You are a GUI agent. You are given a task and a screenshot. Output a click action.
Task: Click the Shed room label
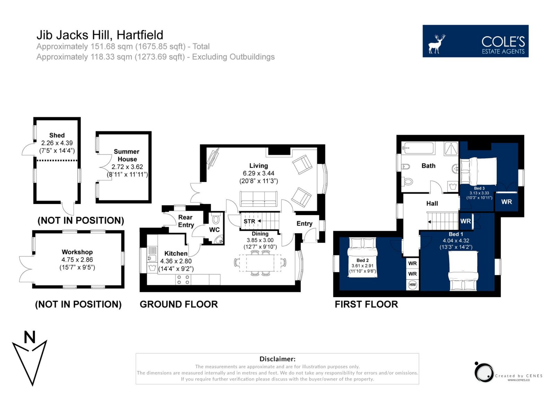(57, 135)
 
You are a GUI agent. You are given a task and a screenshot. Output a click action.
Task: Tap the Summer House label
(127, 155)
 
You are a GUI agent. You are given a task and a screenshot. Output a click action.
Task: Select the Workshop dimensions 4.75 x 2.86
(77, 260)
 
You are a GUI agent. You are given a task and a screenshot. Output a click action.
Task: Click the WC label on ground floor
(214, 230)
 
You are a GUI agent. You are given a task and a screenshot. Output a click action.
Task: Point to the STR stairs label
(249, 221)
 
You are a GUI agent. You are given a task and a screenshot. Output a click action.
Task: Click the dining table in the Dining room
(260, 263)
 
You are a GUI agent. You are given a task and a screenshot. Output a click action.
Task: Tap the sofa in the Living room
(258, 199)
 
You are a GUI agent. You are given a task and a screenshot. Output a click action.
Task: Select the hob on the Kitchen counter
(183, 279)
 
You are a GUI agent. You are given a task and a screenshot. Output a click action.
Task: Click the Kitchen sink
(152, 254)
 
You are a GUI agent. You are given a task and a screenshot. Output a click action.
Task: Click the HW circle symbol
(412, 285)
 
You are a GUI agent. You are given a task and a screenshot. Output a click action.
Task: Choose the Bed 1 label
(456, 234)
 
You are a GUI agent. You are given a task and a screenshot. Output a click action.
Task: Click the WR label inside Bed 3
(506, 202)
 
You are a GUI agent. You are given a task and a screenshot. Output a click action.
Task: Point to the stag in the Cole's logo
(437, 44)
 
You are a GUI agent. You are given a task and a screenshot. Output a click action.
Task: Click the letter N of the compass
(29, 337)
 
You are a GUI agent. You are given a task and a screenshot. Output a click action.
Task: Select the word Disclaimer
(277, 359)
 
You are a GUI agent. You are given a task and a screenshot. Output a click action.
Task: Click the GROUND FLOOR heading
(179, 304)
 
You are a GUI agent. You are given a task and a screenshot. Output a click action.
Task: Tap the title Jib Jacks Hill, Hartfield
(100, 35)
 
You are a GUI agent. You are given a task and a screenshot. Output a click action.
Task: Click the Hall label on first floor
(432, 204)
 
